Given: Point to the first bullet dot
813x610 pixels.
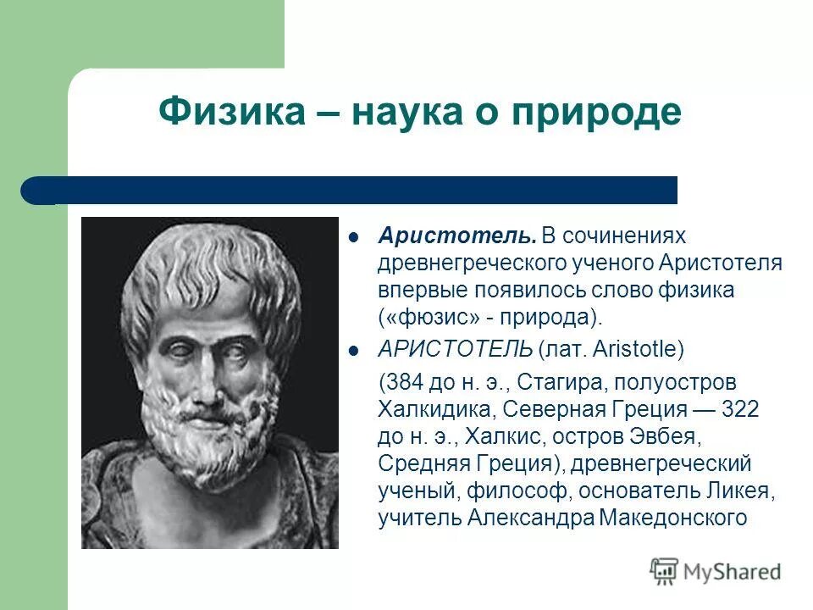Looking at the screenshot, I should [x=356, y=236].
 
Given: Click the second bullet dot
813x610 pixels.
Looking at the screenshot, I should [x=356, y=349].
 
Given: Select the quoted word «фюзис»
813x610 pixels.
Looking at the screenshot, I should [x=426, y=317].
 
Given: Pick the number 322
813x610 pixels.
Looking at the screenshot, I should [x=740, y=409].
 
